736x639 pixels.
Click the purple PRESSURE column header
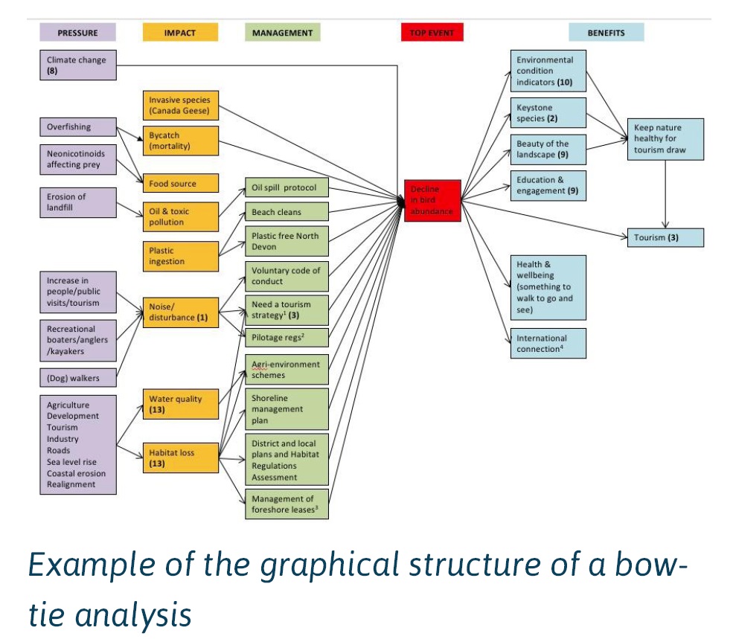(78, 33)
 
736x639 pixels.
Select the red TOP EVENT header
(432, 33)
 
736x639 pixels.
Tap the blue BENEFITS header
(606, 33)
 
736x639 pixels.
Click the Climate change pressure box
(78, 65)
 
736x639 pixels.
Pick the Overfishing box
(78, 127)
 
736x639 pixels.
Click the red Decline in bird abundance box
(432, 200)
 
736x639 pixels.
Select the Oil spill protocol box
(287, 187)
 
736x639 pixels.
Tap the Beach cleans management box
(287, 212)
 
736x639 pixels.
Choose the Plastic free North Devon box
(287, 242)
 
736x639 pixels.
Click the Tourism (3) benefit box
(665, 238)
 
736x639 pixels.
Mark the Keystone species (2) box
(548, 113)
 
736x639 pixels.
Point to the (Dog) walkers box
(78, 378)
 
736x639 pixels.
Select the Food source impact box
(181, 183)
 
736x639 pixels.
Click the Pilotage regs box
(287, 338)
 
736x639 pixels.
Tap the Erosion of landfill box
(78, 202)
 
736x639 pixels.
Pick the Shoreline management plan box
(287, 409)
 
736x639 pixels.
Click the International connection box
(548, 344)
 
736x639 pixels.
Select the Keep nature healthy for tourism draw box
(665, 139)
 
